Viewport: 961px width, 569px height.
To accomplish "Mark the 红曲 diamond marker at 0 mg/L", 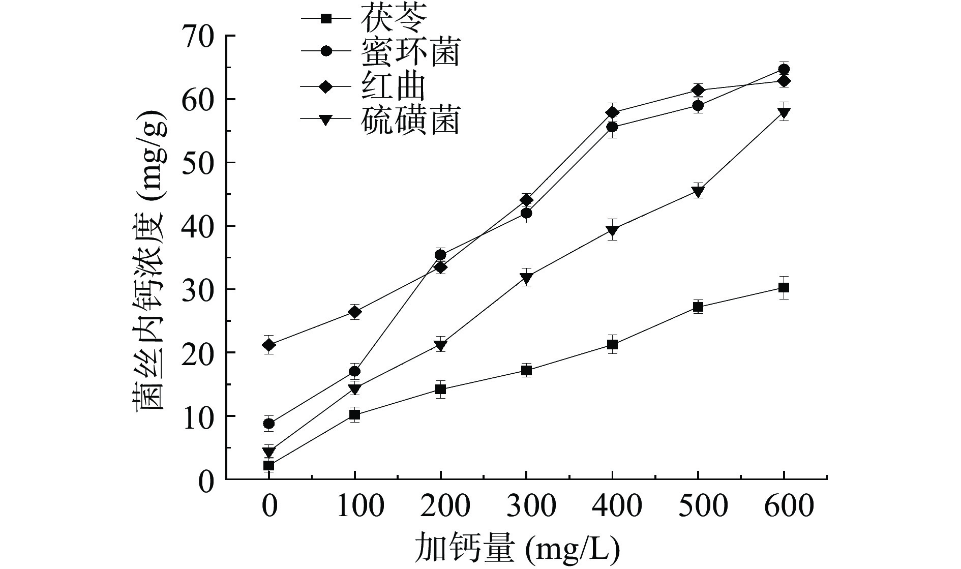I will (269, 345).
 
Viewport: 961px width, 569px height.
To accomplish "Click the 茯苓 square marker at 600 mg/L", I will (784, 288).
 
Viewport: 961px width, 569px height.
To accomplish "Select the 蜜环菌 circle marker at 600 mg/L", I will (784, 69).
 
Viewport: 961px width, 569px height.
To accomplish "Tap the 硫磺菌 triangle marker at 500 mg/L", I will (698, 191).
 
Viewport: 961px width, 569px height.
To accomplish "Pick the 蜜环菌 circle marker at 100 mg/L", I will (354, 371).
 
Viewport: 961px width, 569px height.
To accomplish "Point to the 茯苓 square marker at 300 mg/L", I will (526, 370).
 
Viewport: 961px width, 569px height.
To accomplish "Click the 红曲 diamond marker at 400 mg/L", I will (612, 112).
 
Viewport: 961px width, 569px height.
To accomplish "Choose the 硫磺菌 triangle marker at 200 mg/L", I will (441, 346).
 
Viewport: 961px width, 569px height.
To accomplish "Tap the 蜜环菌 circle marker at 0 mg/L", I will (269, 423).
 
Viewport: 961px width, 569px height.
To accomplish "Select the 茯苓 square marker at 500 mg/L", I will (698, 307).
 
